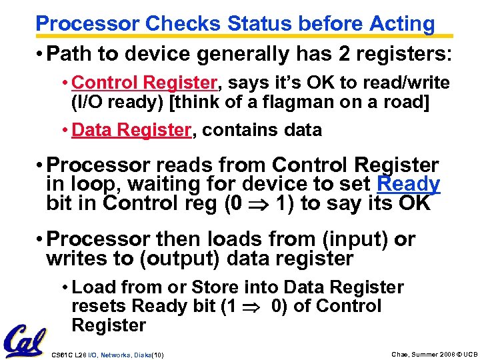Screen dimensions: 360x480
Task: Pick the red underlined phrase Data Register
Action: pyautogui.click(x=131, y=130)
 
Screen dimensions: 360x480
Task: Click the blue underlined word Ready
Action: pyautogui.click(x=408, y=184)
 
